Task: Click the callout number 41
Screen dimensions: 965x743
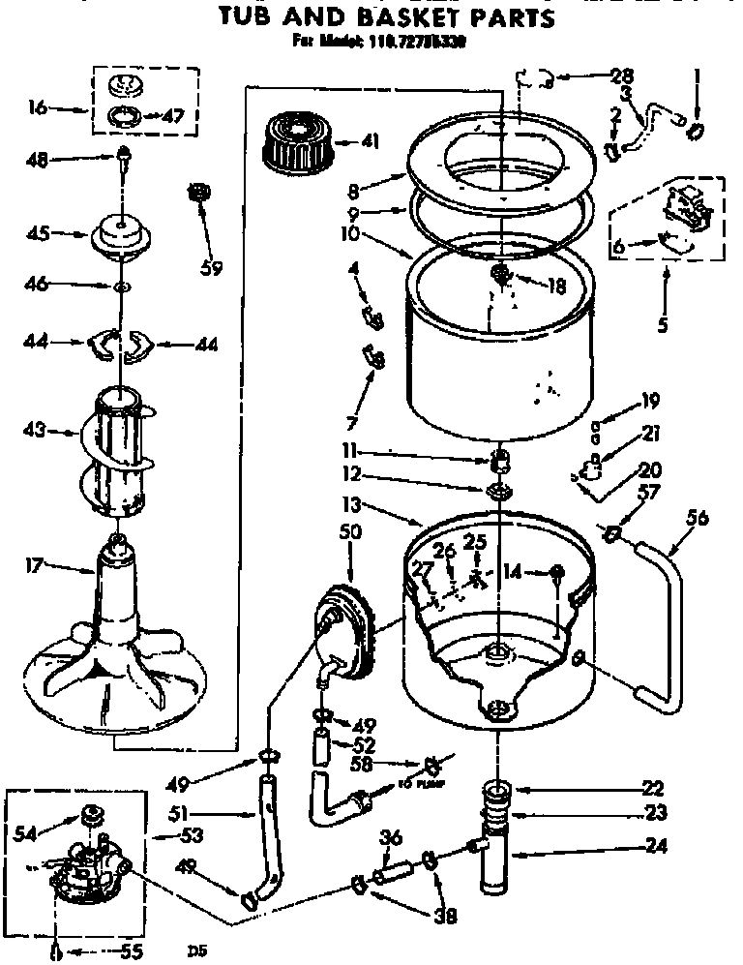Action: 369,142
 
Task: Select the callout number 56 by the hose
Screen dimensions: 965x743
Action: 697,519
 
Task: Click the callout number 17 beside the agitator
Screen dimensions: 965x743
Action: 35,567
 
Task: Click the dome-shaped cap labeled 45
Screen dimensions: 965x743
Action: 122,237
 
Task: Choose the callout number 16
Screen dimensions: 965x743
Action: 38,107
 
